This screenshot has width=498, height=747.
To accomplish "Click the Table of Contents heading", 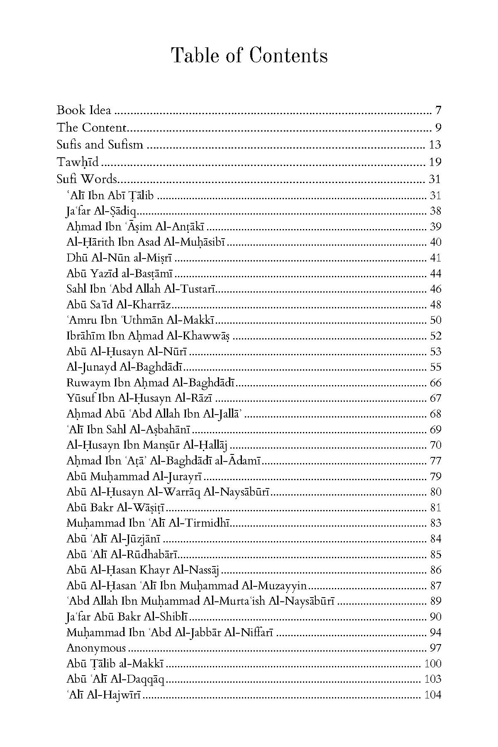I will [x=249, y=56].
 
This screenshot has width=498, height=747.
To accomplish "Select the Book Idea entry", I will [x=84, y=110].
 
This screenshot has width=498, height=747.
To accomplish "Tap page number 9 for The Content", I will [x=438, y=127].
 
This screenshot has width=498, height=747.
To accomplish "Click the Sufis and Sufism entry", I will [x=100, y=145].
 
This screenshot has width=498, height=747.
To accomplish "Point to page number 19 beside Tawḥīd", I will [x=435, y=162].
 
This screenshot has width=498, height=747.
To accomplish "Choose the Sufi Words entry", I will [x=87, y=179].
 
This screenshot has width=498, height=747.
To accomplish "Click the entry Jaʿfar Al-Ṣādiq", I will [x=101, y=211].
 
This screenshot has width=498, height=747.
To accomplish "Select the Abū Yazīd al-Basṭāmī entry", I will [x=120, y=273].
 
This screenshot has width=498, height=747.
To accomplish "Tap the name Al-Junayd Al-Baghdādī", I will [x=125, y=367].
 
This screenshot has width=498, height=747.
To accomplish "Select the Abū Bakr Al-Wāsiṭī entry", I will [x=116, y=508].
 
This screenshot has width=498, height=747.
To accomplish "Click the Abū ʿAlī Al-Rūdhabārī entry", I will [x=122, y=554].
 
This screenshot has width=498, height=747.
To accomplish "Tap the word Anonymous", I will [x=96, y=648].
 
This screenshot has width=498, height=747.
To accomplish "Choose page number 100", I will [x=433, y=664].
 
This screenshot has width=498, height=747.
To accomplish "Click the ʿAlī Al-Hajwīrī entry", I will [x=104, y=695].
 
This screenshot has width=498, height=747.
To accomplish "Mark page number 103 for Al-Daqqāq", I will [x=433, y=679].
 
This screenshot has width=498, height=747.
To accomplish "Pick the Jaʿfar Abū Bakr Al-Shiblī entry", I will [x=127, y=617].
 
